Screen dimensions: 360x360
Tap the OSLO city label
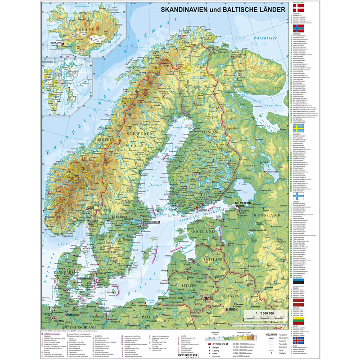[104, 208]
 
